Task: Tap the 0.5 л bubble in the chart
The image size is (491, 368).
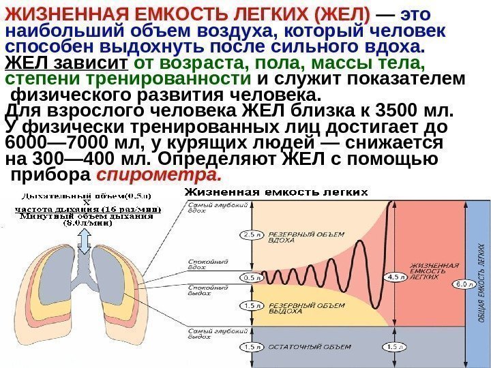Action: point(252,277)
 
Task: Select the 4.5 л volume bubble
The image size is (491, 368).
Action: point(395,277)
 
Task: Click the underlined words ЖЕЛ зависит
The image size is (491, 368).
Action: point(66,64)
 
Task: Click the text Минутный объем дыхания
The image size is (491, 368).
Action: point(86,216)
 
